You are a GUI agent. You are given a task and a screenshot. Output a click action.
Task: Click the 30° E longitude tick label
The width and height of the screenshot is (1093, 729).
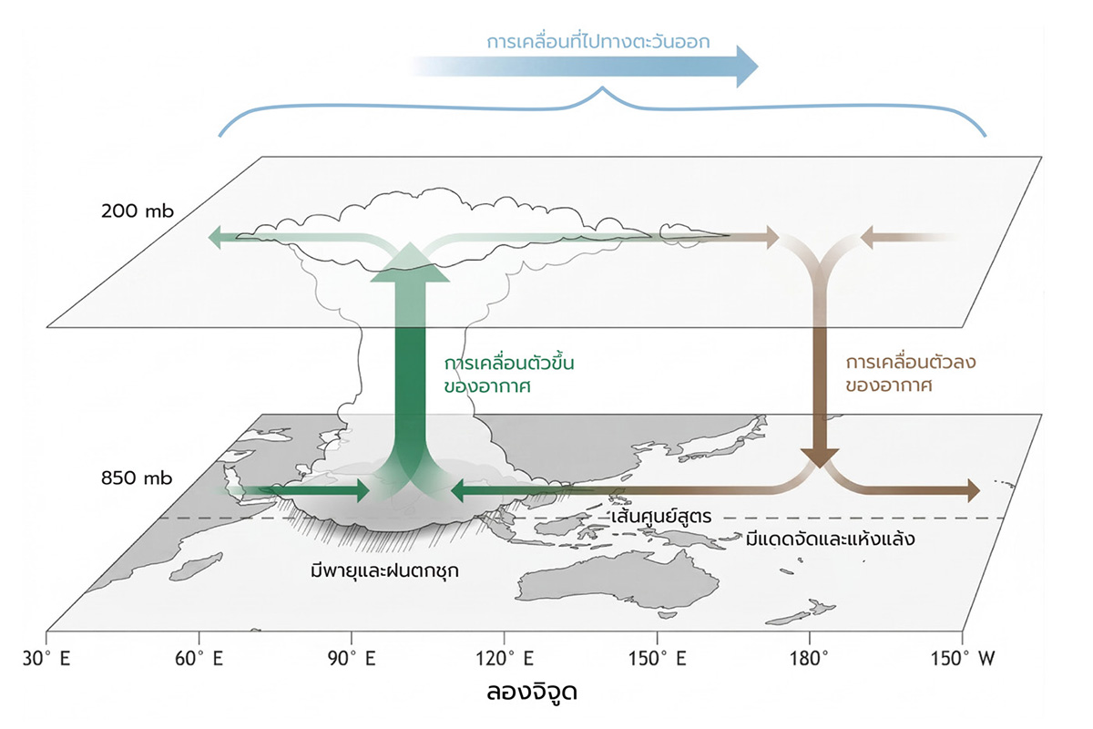(46, 657)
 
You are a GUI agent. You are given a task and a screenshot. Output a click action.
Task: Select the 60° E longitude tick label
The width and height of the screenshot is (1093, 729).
(199, 657)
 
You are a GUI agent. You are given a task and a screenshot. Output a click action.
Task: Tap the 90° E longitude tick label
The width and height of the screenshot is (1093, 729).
(352, 657)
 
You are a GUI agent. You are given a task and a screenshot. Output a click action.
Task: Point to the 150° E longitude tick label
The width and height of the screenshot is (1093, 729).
(657, 657)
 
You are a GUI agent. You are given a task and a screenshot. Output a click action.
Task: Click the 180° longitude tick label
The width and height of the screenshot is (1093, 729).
(811, 657)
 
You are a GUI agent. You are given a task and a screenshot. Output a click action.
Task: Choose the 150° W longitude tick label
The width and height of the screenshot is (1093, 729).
(962, 657)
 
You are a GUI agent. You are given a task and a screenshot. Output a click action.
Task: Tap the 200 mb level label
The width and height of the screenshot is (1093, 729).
(138, 212)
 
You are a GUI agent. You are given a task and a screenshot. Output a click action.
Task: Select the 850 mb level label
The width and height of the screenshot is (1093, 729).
(138, 477)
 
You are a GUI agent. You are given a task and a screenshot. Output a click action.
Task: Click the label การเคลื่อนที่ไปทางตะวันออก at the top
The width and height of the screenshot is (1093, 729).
(598, 42)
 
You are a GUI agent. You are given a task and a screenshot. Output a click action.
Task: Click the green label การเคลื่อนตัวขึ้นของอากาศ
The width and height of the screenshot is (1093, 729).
(496, 374)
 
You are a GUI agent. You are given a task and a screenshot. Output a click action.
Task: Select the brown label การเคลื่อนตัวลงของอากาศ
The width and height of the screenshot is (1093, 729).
(897, 374)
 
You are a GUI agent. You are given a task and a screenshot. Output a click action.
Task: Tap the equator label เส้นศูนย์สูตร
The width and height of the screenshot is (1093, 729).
(661, 517)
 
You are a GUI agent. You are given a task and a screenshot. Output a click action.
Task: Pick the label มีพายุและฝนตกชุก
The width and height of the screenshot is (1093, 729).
(383, 572)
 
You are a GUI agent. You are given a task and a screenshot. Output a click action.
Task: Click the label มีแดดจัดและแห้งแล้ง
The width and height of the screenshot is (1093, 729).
(830, 539)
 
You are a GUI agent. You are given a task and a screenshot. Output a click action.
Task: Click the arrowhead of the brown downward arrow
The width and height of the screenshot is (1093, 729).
(819, 456)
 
